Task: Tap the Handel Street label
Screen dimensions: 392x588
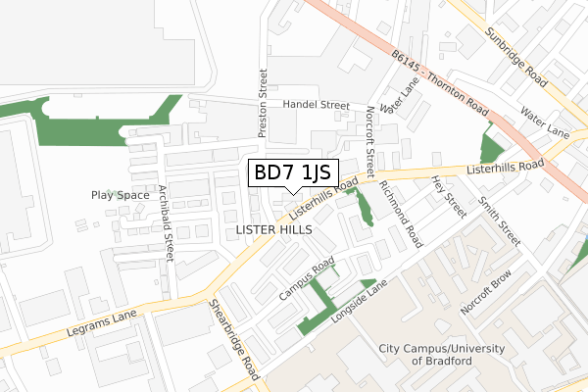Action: (x=317, y=104)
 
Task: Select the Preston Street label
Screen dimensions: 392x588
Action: (x=263, y=102)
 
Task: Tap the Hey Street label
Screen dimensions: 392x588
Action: (x=449, y=197)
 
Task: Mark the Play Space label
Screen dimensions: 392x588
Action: (x=121, y=195)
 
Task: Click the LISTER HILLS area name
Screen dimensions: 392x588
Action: (x=274, y=228)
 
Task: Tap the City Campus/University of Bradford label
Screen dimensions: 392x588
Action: (x=438, y=355)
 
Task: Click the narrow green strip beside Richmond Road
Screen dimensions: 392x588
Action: (x=364, y=207)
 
